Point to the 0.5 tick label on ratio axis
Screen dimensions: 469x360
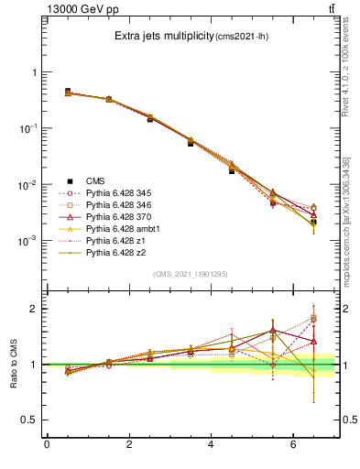tap(31, 420)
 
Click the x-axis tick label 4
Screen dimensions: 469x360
tap(212, 446)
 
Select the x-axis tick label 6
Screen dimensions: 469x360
tap(294, 446)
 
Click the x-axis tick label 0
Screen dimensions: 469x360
tap(47, 446)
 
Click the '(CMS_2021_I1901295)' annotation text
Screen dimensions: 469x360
tap(191, 274)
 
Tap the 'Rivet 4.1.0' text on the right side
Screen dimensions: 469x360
tap(351, 73)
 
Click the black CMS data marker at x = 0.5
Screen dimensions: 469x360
tap(68, 92)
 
